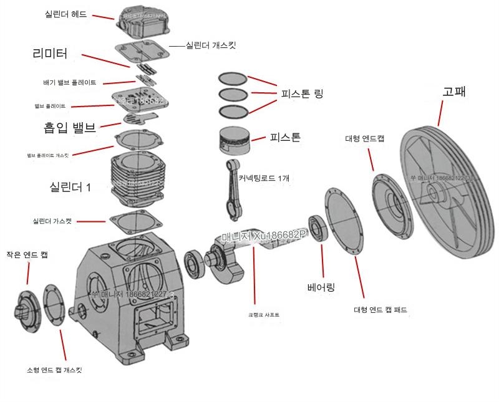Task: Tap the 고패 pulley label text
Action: (453, 91)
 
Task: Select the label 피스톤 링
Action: (301, 94)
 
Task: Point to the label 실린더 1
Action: (70, 186)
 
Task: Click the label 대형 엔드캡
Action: (365, 138)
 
